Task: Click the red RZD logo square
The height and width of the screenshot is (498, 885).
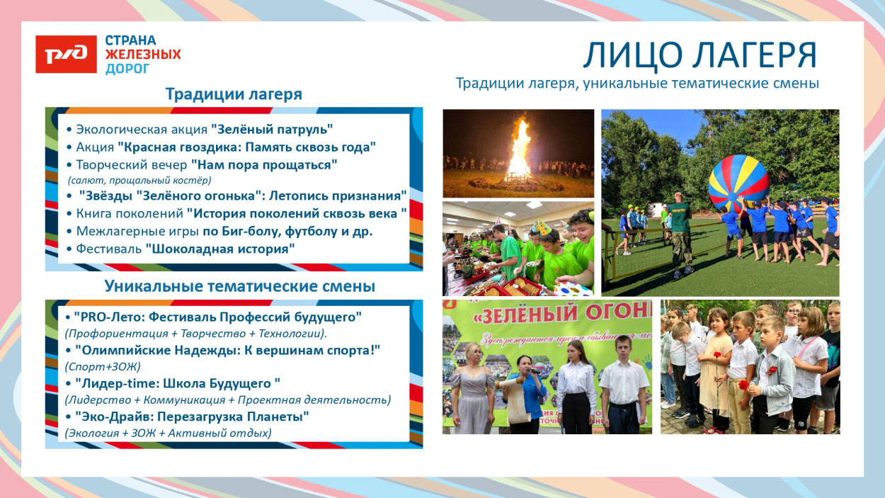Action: (x=66, y=55)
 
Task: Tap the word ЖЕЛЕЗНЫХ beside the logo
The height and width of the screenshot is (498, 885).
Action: (x=142, y=55)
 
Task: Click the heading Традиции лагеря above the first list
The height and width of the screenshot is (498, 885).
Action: (x=234, y=94)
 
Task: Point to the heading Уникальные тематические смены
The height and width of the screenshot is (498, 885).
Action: (x=239, y=286)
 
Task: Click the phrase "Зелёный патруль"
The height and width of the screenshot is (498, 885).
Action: (x=272, y=130)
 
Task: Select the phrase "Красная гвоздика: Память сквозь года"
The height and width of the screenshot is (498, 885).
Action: (x=246, y=147)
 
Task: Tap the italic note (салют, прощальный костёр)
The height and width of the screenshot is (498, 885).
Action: (x=139, y=180)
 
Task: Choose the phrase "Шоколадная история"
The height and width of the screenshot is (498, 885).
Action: (x=220, y=249)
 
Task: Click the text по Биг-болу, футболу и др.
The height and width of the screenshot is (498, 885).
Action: (x=287, y=231)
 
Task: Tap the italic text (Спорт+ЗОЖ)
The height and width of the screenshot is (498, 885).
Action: (x=103, y=367)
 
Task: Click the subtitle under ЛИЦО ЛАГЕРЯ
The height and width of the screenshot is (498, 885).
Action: (x=637, y=84)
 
